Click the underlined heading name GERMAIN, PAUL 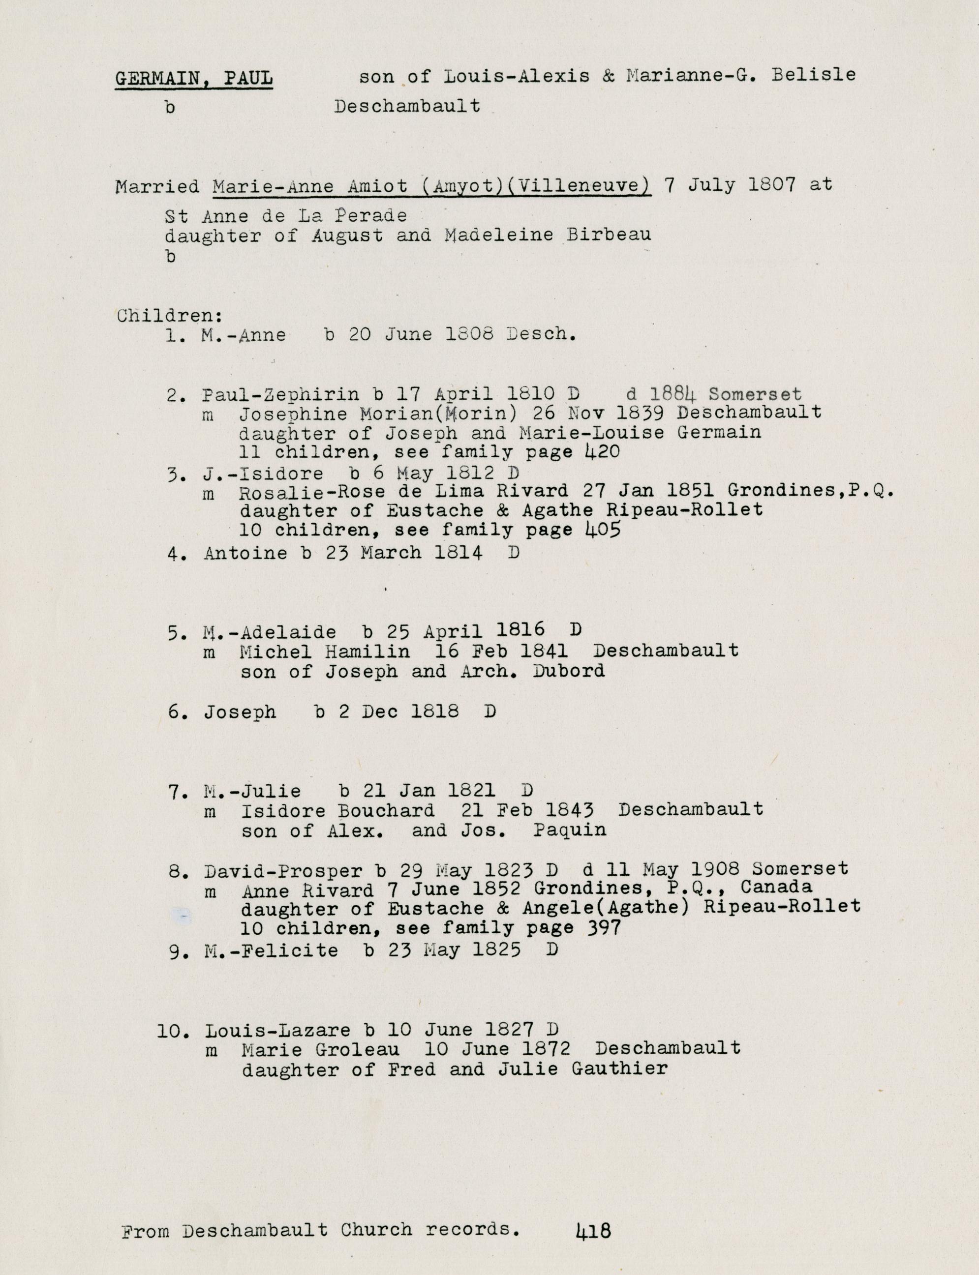coord(193,79)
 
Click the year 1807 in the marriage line coord(771,185)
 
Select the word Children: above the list coord(170,316)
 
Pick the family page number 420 coord(601,451)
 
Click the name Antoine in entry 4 coord(245,553)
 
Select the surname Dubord coord(568,671)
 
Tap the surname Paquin coord(569,830)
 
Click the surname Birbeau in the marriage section coord(609,236)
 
